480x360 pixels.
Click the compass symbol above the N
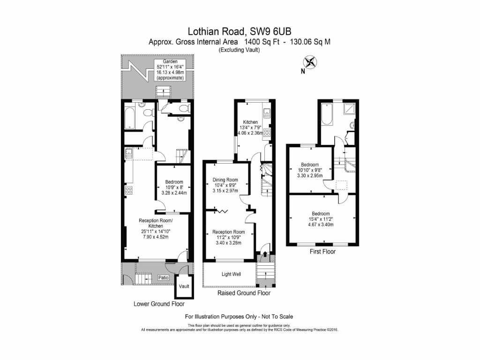coord(310,62)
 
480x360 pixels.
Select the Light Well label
coord(231,274)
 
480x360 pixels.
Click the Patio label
coord(163,277)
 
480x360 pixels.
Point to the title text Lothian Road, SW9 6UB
coord(240,31)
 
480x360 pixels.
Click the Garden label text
coord(169,62)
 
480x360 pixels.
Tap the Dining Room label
coord(225,180)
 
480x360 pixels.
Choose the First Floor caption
coord(322,251)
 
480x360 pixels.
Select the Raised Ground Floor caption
coord(244,293)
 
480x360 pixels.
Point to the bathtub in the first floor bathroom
coord(327,113)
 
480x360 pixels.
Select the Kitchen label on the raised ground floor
coord(247,122)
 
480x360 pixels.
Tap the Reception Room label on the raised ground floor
coord(229,232)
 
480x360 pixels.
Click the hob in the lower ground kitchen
coord(128,190)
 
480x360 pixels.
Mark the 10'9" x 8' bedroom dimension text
coord(173,187)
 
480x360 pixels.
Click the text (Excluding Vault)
coord(239,50)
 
